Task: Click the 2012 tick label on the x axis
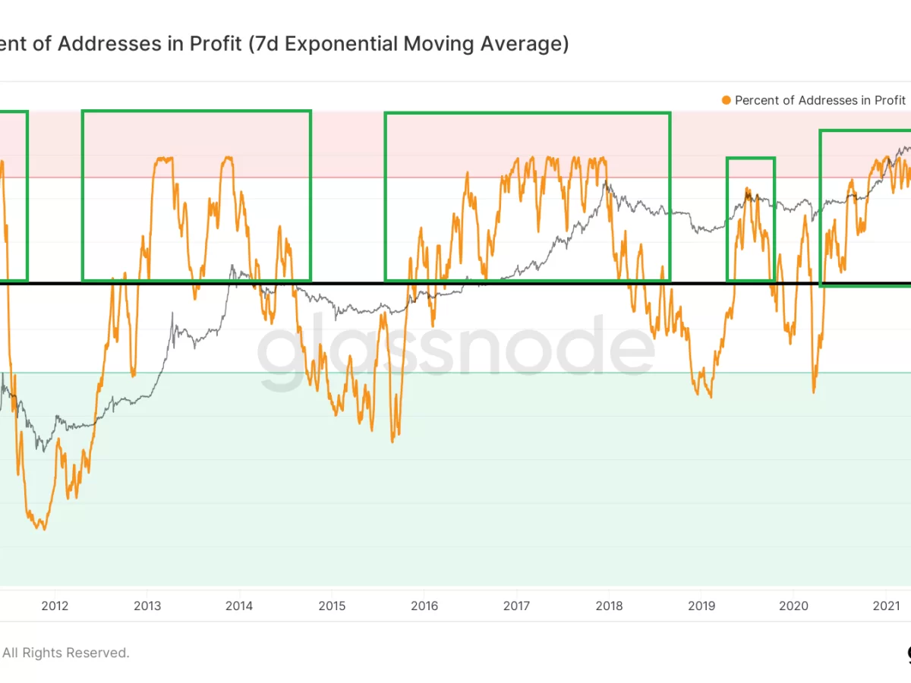click(55, 606)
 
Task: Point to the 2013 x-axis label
click(147, 606)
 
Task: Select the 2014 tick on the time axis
click(240, 606)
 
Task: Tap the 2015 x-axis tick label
click(332, 606)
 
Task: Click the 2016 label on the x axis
click(424, 606)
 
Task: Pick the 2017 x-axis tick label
click(516, 606)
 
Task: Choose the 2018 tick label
click(609, 606)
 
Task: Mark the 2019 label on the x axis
click(701, 606)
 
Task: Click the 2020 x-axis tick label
click(793, 606)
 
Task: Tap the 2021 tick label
click(885, 606)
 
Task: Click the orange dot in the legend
click(727, 100)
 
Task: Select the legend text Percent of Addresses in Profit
click(820, 100)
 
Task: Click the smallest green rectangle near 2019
click(751, 219)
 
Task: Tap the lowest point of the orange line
click(44, 529)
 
